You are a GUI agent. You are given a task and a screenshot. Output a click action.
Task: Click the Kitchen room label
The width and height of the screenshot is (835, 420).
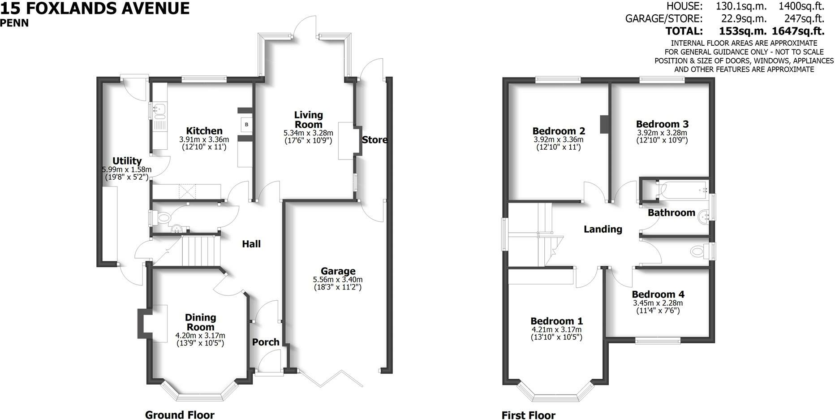(x=204, y=131)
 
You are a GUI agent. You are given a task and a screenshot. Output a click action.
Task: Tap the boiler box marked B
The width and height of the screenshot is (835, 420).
(x=246, y=124)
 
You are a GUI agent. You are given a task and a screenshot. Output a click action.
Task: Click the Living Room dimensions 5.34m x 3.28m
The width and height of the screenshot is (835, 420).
(x=308, y=133)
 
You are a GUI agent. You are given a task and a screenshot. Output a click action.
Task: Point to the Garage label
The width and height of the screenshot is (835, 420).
(x=338, y=271)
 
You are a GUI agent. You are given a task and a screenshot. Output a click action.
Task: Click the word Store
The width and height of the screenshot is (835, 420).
(x=374, y=140)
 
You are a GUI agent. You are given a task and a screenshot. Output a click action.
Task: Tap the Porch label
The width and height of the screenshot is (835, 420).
(x=266, y=342)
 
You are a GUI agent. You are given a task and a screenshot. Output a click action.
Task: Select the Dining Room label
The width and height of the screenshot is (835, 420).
(x=201, y=322)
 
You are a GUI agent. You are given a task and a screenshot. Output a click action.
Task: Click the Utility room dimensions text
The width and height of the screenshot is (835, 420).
(x=127, y=173)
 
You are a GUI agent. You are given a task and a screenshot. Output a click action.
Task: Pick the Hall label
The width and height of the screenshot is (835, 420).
(x=251, y=244)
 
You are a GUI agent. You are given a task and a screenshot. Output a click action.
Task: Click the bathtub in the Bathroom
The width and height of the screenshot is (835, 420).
(x=681, y=190)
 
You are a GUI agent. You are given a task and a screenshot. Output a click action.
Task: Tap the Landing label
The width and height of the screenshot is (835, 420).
(x=603, y=229)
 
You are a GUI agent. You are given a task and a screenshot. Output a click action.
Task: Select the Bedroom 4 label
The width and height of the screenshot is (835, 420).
(x=658, y=294)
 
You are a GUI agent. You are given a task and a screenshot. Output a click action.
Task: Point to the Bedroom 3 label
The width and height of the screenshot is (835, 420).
(x=662, y=124)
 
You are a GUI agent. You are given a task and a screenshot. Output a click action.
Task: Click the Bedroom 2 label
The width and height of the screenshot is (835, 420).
(x=559, y=131)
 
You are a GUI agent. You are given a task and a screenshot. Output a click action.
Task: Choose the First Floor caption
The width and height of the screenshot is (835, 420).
(x=529, y=416)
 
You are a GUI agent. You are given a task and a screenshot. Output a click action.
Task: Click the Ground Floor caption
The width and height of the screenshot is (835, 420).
(x=180, y=415)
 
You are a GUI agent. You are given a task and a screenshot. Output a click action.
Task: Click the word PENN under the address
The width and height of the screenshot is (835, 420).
(x=14, y=23)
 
